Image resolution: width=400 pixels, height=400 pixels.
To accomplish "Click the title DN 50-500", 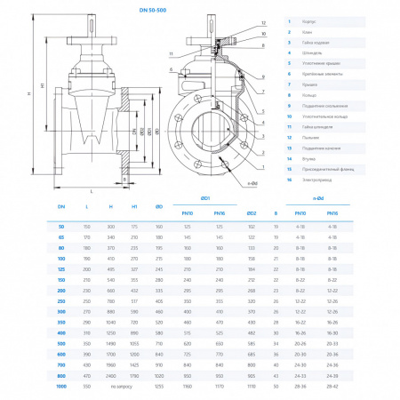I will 199,10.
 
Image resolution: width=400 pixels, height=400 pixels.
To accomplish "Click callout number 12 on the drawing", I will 264,20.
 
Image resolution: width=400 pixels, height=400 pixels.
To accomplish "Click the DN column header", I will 61,206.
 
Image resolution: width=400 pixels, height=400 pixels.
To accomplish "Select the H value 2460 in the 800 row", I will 110,377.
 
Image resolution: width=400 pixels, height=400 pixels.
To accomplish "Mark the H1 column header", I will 135,206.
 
